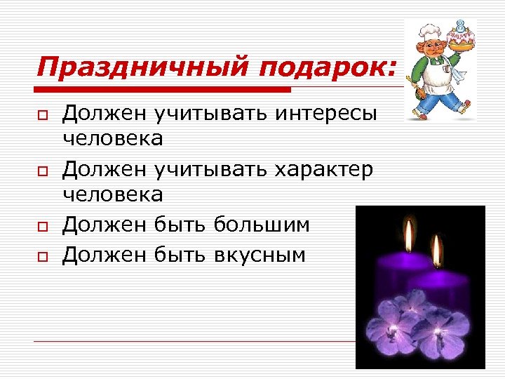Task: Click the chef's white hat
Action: [x=429, y=32]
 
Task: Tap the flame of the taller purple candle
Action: [x=408, y=232]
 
